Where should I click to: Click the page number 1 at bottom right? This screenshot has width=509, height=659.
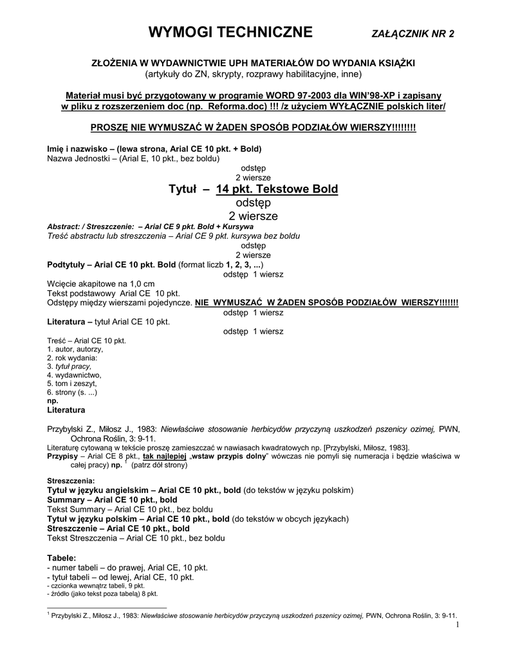(456, 624)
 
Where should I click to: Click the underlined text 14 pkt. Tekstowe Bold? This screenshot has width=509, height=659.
(277, 189)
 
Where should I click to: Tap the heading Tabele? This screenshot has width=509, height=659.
(62, 557)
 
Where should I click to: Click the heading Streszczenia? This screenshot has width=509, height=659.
(71, 481)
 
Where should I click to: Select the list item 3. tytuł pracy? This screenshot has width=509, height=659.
(69, 366)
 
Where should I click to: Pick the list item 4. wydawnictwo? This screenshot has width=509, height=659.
(74, 375)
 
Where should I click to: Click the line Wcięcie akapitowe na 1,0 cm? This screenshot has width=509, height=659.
(101, 283)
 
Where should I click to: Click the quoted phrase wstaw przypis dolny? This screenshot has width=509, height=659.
(236, 456)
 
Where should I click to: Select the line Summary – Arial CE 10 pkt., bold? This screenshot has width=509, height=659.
(113, 499)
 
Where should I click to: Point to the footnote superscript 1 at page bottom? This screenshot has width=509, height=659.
(49, 613)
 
